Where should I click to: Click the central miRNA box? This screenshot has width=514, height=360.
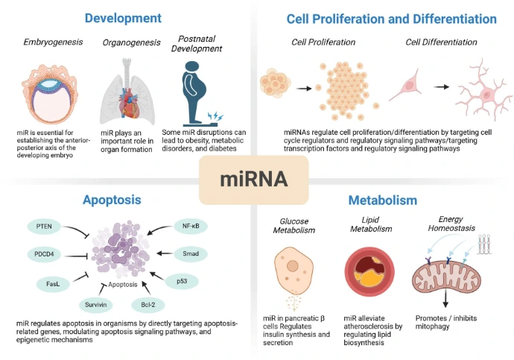click(x=255, y=180)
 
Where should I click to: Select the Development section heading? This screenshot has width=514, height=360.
click(x=122, y=17)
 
